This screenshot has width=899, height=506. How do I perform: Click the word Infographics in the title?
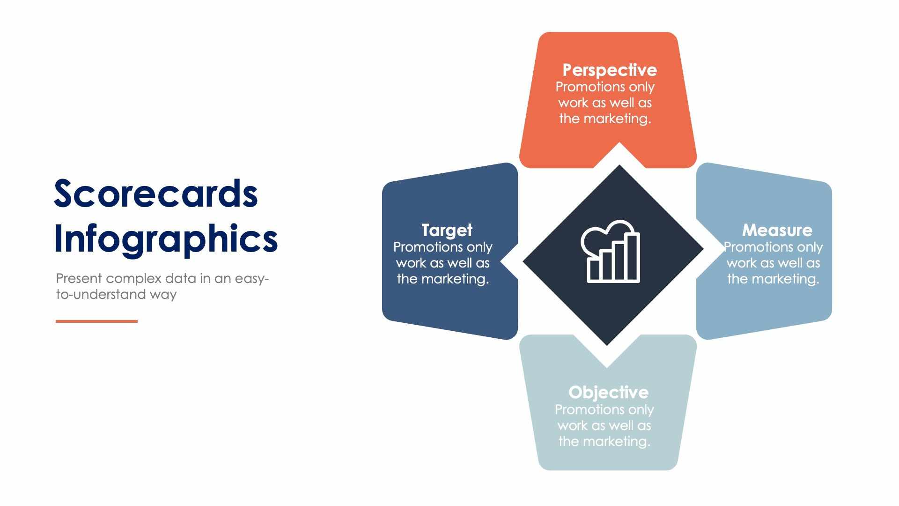[166, 239]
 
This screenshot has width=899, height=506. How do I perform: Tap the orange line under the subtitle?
[96, 321]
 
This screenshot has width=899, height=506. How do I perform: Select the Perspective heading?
[609, 70]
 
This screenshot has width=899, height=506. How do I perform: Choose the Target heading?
[447, 230]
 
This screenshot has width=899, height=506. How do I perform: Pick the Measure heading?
[777, 230]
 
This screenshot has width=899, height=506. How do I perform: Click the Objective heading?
[608, 392]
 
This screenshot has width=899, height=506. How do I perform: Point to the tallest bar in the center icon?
[632, 258]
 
